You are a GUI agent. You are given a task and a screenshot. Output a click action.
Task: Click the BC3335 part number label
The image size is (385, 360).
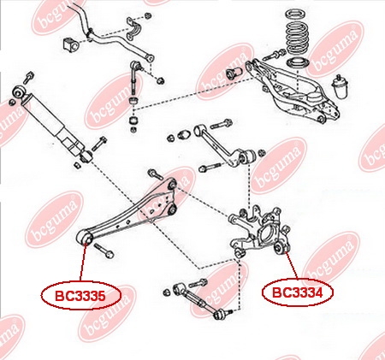[x=81, y=296]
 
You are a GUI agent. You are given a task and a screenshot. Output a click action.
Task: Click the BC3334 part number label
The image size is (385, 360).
[x=298, y=292]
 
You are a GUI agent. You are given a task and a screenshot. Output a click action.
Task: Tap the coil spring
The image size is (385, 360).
[x=297, y=32]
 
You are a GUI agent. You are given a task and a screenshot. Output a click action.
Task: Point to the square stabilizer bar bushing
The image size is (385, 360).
[x=69, y=44]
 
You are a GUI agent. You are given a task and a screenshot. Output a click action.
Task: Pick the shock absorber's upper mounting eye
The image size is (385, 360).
[x=19, y=91]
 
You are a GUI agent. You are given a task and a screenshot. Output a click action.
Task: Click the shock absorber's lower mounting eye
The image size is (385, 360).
[x=86, y=156]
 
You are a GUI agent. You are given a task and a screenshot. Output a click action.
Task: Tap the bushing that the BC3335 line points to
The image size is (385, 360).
[x=85, y=238]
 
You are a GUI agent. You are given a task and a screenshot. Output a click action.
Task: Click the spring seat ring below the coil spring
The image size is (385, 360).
[x=298, y=62]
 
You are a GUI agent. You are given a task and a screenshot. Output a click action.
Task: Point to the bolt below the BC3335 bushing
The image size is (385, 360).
[x=104, y=251]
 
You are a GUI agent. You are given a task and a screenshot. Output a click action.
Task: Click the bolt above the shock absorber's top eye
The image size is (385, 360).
[x=28, y=78]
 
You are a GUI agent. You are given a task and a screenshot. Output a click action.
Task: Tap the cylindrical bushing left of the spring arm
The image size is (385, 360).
[x=234, y=73]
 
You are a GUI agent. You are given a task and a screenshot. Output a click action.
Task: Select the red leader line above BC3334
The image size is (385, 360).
[x=292, y=266]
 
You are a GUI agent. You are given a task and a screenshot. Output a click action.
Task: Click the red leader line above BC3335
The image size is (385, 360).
[x=83, y=263]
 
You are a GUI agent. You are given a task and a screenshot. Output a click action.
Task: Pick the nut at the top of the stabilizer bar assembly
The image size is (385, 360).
[x=147, y=15]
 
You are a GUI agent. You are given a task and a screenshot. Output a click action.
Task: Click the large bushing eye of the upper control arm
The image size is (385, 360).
[x=246, y=156]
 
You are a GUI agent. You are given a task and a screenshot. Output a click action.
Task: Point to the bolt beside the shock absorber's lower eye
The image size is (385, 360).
[x=99, y=144]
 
